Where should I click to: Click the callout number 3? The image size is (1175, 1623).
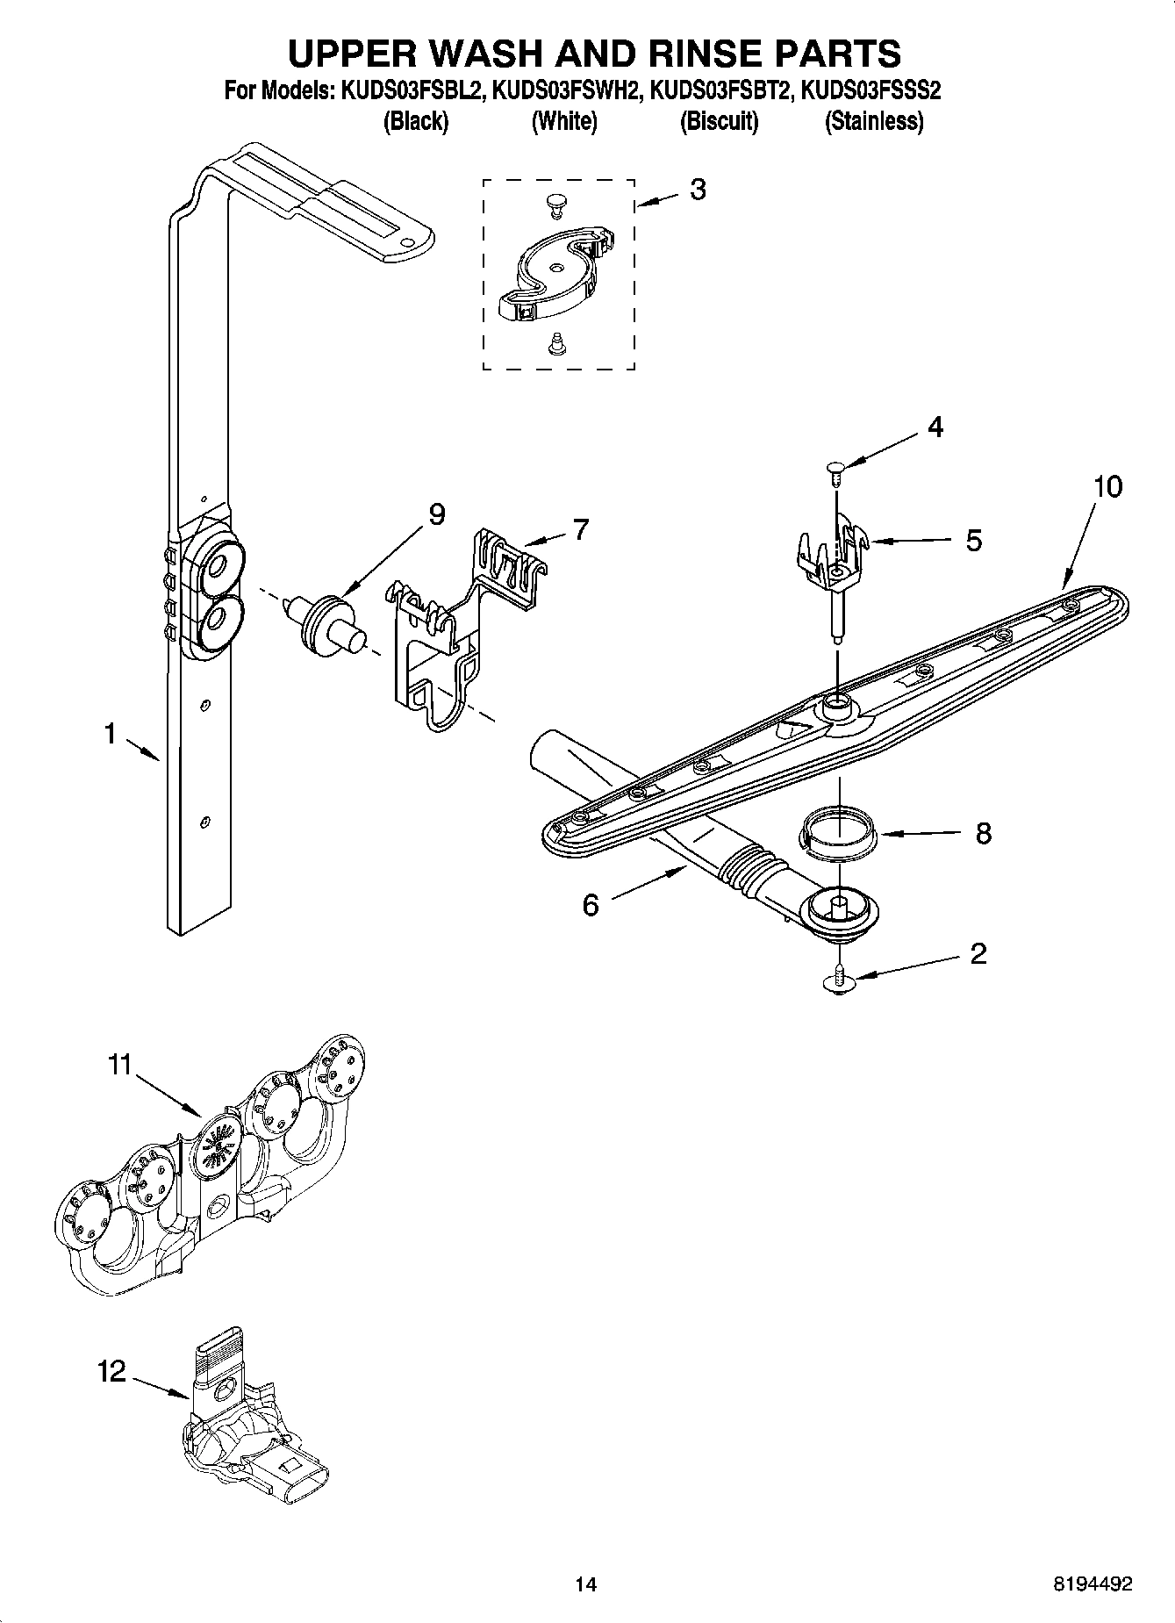click(x=698, y=190)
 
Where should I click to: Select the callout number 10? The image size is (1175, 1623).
click(x=1108, y=486)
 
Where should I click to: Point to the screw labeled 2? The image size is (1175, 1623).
click(x=840, y=979)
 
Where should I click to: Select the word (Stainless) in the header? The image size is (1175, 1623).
click(x=873, y=121)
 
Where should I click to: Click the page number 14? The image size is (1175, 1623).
click(x=585, y=1584)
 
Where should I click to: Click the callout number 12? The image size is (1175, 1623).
click(x=111, y=1371)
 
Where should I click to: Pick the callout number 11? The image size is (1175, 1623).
click(x=119, y=1065)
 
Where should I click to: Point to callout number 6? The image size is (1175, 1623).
click(x=591, y=905)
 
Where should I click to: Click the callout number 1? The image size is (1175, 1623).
click(x=110, y=733)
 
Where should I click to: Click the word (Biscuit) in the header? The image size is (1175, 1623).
click(x=719, y=121)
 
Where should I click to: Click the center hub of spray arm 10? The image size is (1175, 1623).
click(x=837, y=702)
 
